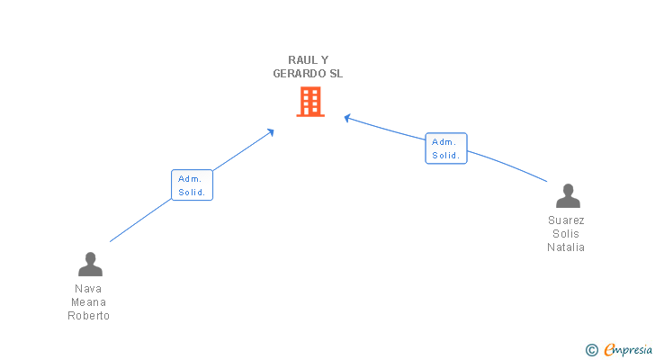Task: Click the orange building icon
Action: point(310,102)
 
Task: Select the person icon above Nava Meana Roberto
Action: point(90,264)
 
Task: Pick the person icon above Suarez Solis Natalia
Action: point(568,195)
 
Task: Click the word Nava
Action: point(89,289)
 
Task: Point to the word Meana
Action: point(89,302)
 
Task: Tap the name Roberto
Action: point(89,316)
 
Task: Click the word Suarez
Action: point(566,220)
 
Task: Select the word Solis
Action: point(566,234)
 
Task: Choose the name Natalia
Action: point(566,247)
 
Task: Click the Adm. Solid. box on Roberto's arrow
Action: point(192,185)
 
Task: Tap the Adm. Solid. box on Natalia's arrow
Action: point(445,148)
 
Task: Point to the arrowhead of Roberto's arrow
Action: point(271,131)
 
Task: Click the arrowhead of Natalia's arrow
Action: point(347,117)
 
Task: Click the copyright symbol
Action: point(591,350)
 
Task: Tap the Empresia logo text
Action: point(629,349)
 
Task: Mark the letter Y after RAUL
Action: point(325,59)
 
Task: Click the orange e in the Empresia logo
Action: point(609,350)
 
